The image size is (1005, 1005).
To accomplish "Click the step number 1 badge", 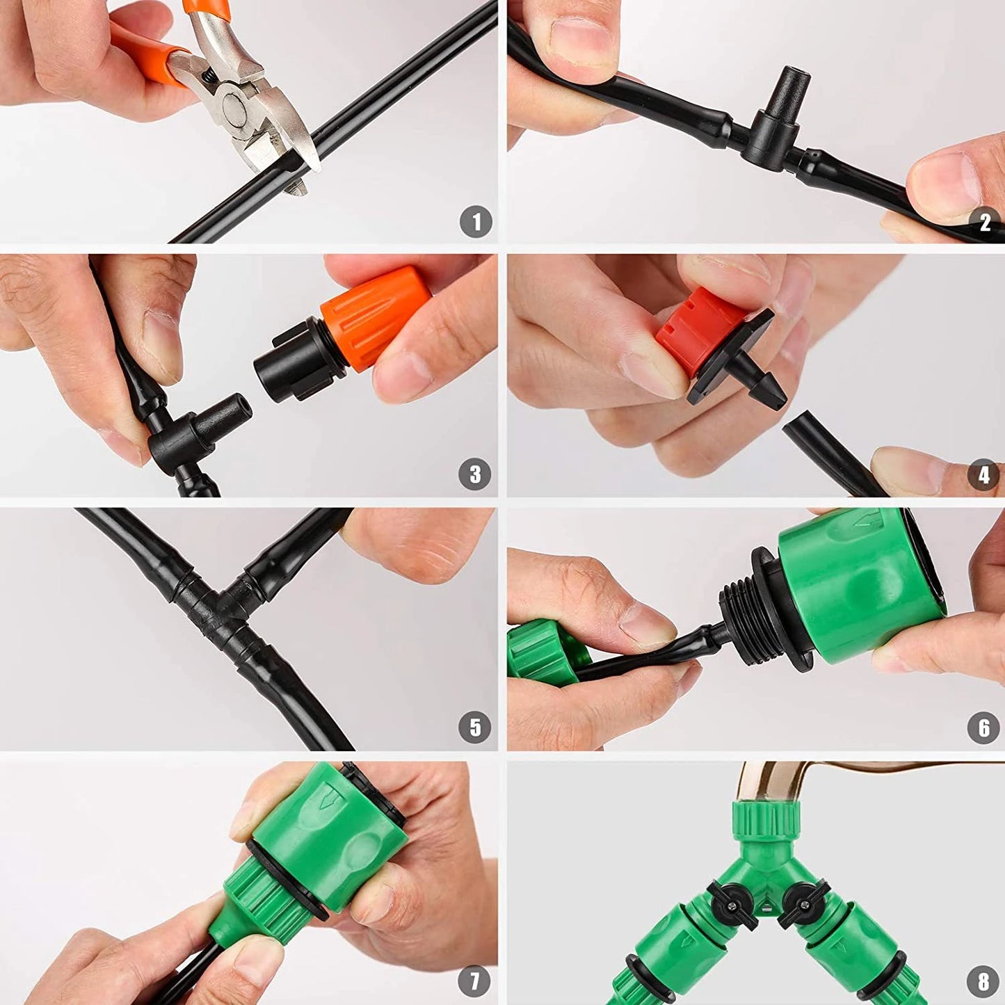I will (x=476, y=223).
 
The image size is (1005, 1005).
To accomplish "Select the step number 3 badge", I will (x=475, y=474).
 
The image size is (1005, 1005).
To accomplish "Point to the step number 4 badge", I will (x=983, y=475).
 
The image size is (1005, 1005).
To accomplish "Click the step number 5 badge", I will (x=475, y=727).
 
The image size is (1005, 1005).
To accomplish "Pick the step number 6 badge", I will (x=983, y=727).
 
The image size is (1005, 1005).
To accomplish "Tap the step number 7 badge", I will (x=475, y=981).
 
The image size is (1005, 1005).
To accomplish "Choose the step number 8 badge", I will (x=983, y=981).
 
